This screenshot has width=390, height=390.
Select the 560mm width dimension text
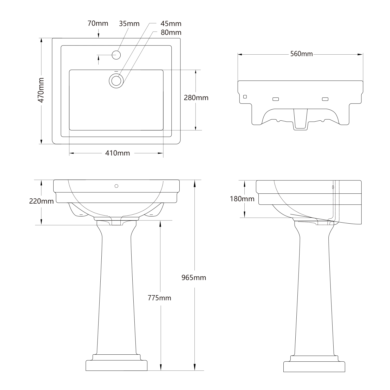(x=301, y=54)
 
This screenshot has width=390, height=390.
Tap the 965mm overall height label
(x=194, y=278)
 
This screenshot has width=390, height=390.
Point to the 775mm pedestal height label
(x=159, y=298)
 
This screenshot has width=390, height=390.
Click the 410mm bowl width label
(x=118, y=153)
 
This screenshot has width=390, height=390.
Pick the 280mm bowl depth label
(x=196, y=98)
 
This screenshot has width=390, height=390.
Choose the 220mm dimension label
(x=41, y=201)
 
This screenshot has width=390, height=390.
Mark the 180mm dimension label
(x=242, y=199)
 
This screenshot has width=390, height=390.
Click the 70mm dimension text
(x=98, y=23)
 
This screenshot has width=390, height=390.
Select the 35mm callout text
(x=129, y=24)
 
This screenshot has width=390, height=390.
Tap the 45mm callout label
(x=171, y=24)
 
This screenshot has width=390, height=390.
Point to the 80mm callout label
(x=171, y=32)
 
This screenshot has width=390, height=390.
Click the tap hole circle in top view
(x=116, y=55)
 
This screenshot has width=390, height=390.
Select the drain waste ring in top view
(x=116, y=80)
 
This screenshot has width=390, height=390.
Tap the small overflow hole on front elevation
(x=116, y=186)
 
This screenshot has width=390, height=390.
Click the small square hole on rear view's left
(x=245, y=97)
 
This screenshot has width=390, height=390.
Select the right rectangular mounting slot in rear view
(x=325, y=99)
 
